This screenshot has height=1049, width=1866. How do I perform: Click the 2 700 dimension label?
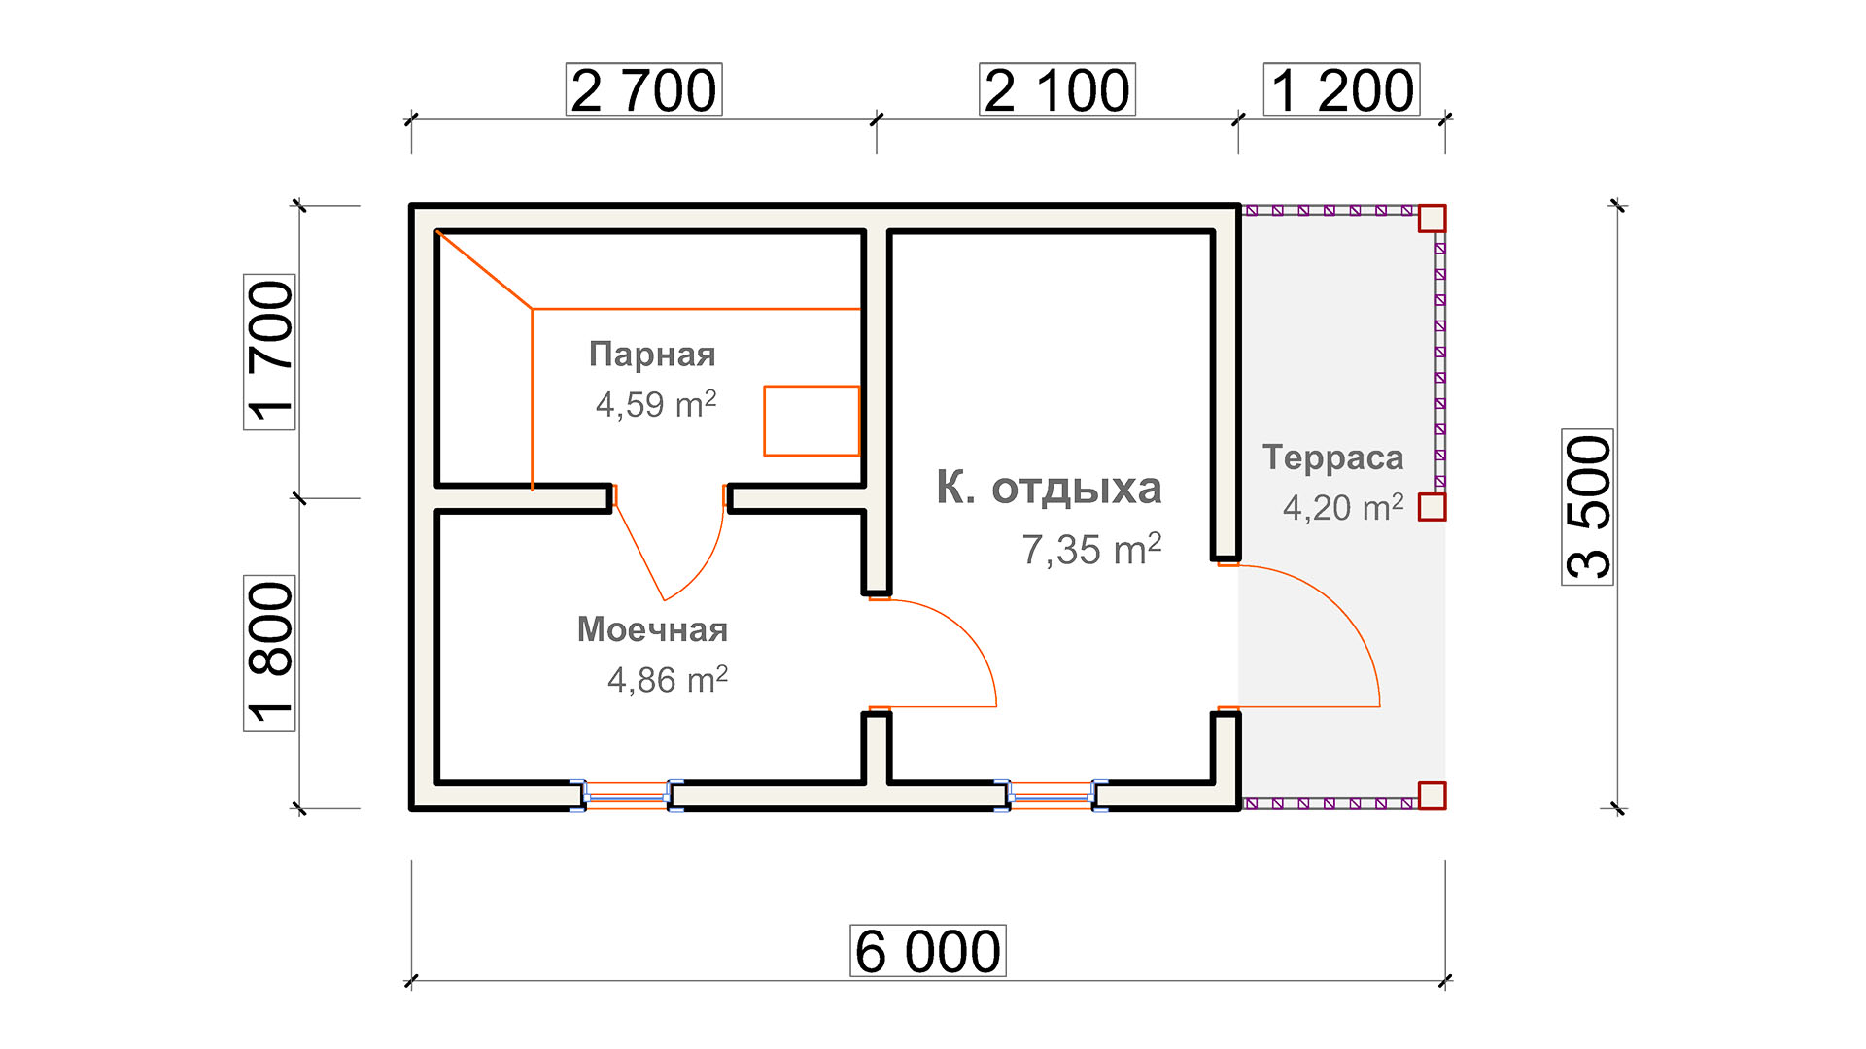click(x=643, y=89)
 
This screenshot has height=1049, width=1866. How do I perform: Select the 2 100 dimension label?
click(x=1056, y=89)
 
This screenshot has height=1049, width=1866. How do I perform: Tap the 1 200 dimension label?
click(x=1341, y=89)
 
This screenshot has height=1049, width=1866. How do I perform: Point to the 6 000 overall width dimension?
click(x=928, y=951)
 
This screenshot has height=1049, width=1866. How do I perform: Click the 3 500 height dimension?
click(x=1587, y=507)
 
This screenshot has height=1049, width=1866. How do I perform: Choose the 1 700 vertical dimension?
click(x=269, y=352)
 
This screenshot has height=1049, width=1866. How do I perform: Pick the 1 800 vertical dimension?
click(x=269, y=653)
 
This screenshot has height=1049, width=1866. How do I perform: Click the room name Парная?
click(x=652, y=355)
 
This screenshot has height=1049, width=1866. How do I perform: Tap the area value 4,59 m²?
click(x=656, y=404)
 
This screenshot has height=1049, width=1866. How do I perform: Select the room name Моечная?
click(x=652, y=629)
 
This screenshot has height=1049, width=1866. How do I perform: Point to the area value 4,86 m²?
click(x=668, y=680)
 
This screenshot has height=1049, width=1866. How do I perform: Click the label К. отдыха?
click(x=1049, y=489)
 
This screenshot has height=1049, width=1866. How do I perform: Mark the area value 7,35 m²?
click(x=1091, y=550)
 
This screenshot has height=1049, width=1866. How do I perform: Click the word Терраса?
click(x=1333, y=457)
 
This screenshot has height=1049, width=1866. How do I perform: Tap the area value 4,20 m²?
click(x=1343, y=507)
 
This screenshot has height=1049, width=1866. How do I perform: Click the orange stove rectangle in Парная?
click(x=812, y=421)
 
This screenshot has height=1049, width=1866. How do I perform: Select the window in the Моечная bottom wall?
click(x=627, y=796)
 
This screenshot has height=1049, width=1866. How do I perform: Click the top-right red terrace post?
click(x=1432, y=219)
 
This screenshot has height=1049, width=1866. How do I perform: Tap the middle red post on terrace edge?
click(x=1432, y=507)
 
